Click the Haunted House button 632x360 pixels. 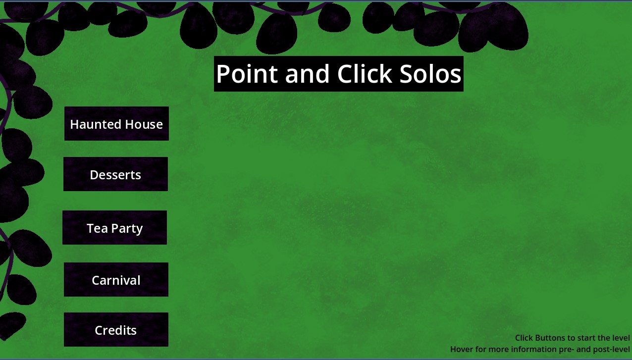pyautogui.click(x=116, y=124)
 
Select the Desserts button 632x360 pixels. pyautogui.click(x=116, y=174)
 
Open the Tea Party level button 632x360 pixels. pyautogui.click(x=114, y=227)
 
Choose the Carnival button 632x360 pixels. pyautogui.click(x=116, y=280)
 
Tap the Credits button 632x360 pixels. pyautogui.click(x=116, y=329)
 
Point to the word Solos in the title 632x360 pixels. pyautogui.click(x=430, y=74)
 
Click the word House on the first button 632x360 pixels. pyautogui.click(x=144, y=124)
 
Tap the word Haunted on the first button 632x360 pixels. pyautogui.click(x=96, y=124)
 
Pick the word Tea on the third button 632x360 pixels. pyautogui.click(x=98, y=228)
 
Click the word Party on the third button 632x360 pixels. pyautogui.click(x=127, y=229)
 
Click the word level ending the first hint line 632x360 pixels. pyautogui.click(x=620, y=338)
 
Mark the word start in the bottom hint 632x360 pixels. pyautogui.click(x=587, y=338)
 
